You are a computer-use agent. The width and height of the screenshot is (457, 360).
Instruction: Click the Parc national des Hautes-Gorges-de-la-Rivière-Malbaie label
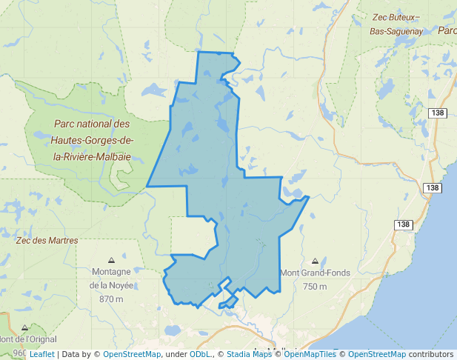coord(91,141)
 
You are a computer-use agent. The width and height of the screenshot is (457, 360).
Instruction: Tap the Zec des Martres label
coord(47,240)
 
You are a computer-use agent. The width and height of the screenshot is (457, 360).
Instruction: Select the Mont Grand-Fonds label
coord(315,273)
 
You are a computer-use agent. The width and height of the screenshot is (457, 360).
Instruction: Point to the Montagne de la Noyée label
coord(111,278)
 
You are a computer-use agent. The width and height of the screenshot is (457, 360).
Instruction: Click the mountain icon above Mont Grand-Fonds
coord(316,261)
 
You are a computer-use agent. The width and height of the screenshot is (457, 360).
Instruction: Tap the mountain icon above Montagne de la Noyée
coord(111,260)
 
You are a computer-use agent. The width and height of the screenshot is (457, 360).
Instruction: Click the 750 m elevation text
coord(315,287)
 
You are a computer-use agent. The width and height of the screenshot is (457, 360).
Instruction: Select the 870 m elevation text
coord(110,299)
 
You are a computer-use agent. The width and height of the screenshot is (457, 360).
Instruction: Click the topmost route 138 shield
coord(437,113)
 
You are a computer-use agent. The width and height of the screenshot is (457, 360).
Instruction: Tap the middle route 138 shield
coord(434,188)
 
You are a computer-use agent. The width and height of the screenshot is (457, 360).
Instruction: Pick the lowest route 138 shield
coord(403,224)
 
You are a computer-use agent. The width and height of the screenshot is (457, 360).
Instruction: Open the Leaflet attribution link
coord(41,354)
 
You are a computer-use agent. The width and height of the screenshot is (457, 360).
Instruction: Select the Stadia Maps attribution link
coord(249,354)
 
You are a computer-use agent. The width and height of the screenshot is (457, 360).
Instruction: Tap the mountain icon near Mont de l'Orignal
coord(24,327)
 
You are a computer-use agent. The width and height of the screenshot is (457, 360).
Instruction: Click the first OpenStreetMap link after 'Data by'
coord(132,354)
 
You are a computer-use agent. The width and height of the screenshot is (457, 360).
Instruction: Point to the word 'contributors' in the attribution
coord(431,354)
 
